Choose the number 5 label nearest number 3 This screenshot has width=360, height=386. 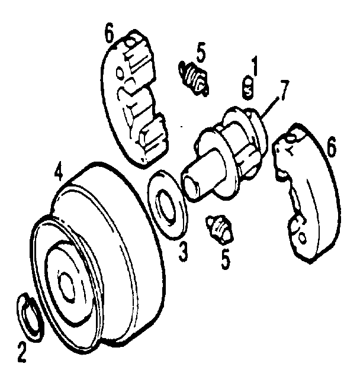point(226,259)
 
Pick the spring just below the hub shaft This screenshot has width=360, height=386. point(219,228)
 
